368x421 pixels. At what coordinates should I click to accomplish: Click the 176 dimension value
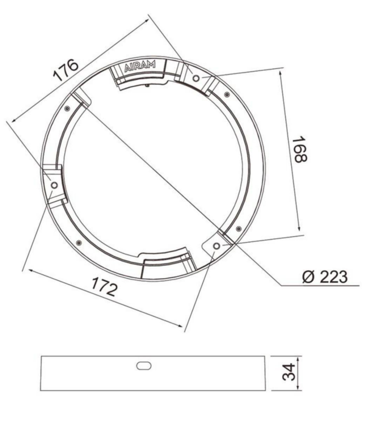pos(66,71)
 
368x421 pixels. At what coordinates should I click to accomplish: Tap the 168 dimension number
pos(300,149)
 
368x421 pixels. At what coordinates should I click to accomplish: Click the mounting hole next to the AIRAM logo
pos(196,78)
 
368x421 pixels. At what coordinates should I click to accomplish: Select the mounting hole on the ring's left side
pos(54,185)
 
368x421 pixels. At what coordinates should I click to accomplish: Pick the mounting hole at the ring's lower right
pos(217,246)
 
